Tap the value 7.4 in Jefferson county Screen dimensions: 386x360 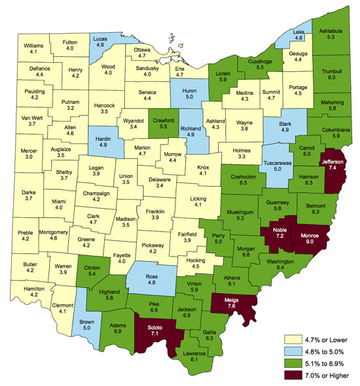click(x=333, y=168)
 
